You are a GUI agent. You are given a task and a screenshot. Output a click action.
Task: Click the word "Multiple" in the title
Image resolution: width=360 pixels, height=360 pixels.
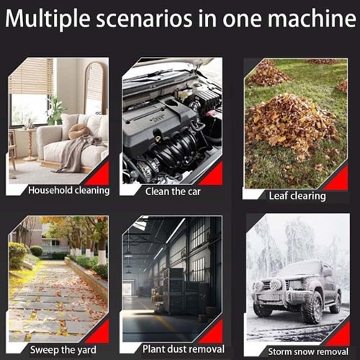(48, 19)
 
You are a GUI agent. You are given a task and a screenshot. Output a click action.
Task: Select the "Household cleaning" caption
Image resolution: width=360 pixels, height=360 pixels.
(69, 190)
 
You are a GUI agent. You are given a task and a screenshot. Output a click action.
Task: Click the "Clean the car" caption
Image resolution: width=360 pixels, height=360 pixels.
(173, 192)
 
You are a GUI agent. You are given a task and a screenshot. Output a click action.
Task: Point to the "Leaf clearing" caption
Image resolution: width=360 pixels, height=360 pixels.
(297, 196)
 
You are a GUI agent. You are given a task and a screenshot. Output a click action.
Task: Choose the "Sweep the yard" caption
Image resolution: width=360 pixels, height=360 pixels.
(63, 350)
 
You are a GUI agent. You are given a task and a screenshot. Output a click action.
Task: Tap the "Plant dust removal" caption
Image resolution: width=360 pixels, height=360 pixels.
(184, 349)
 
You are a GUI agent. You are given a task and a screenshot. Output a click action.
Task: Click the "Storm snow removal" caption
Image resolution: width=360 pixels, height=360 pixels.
(308, 351)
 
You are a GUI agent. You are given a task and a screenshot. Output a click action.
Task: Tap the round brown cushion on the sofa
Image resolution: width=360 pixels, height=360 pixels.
(78, 131)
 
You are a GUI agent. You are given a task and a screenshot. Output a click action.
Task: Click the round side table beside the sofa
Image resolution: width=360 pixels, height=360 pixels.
(30, 145)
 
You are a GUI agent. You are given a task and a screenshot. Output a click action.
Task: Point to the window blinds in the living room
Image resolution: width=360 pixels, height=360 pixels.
(31, 76)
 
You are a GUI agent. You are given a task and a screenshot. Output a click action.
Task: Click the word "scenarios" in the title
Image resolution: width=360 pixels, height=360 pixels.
(144, 19)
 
